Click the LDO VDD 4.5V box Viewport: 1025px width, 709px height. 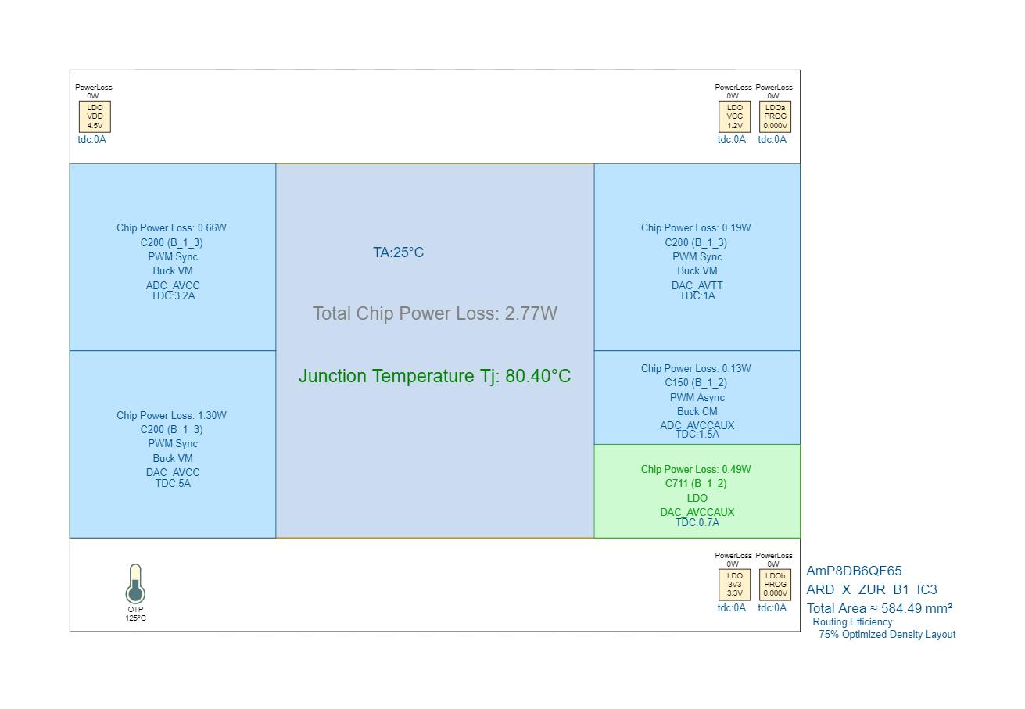click(95, 116)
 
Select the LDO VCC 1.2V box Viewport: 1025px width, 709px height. click(734, 116)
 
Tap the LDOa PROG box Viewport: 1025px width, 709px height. click(775, 116)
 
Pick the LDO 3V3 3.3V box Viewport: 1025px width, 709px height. click(734, 585)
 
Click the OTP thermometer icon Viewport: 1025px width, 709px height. click(135, 584)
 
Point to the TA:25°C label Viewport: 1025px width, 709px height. click(398, 252)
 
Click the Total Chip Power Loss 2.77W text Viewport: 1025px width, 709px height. click(435, 313)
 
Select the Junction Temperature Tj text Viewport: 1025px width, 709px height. click(435, 376)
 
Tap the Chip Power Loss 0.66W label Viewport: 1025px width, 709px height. click(171, 228)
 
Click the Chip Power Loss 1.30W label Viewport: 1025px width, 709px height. click(171, 416)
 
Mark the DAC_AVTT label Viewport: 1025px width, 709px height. click(697, 285)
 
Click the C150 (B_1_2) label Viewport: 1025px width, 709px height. click(697, 383)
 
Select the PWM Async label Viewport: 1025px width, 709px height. click(697, 397)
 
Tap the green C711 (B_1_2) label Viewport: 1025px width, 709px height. click(697, 484)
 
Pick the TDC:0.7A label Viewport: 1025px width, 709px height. click(697, 523)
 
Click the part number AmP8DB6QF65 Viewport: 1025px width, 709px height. click(854, 571)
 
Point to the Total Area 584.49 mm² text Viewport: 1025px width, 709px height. click(879, 608)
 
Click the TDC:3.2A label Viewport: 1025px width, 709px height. click(173, 296)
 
